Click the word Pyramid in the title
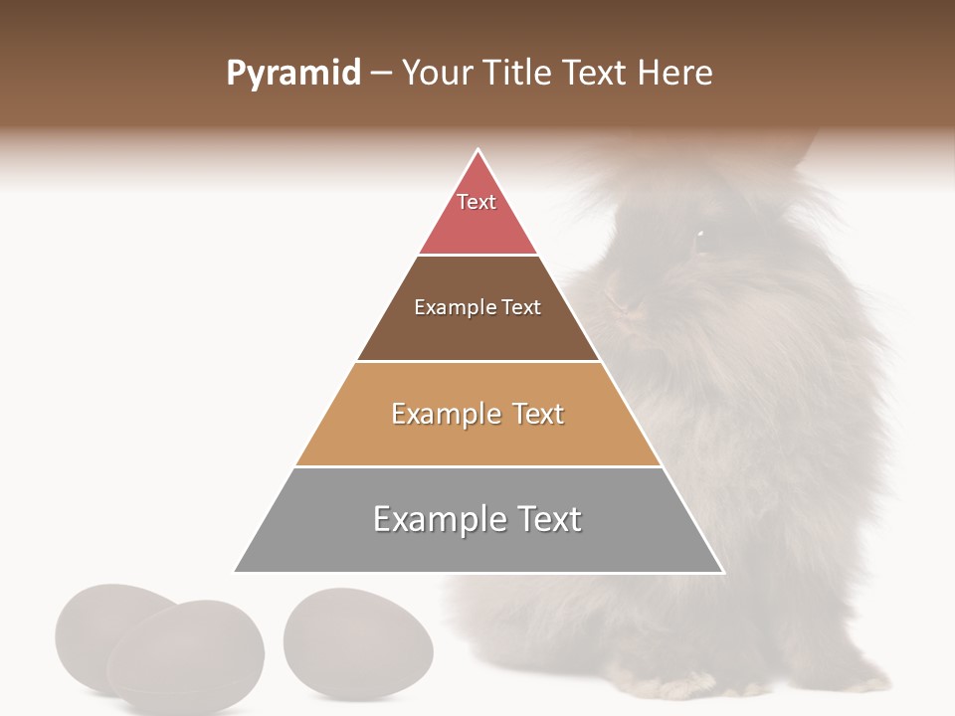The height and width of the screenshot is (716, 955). pos(293,74)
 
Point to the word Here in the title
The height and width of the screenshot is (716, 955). pos(674,74)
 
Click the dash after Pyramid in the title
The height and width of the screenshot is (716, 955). pos(381,74)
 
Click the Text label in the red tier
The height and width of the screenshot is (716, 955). pos(477,202)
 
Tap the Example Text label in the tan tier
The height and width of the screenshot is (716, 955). pos(477,414)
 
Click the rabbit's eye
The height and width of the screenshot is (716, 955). pos(699,236)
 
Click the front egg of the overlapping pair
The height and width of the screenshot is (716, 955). pos(186,656)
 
